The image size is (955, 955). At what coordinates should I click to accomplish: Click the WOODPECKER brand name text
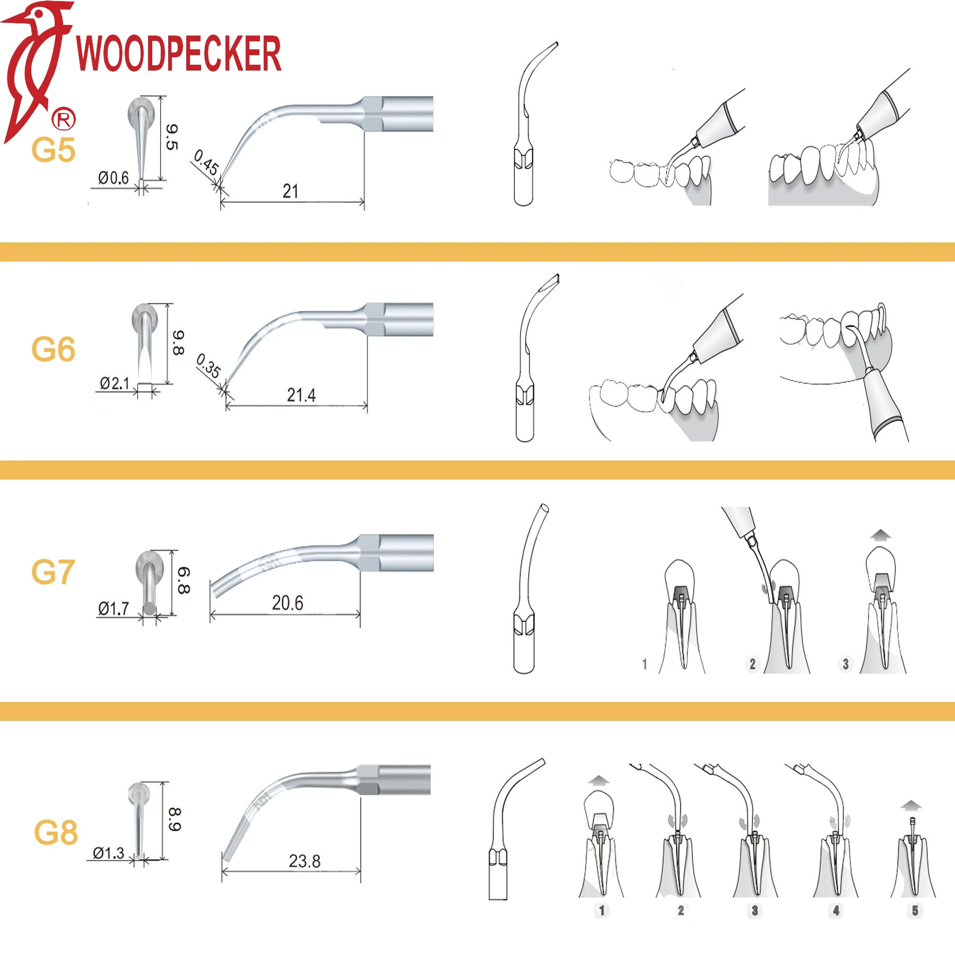tap(179, 53)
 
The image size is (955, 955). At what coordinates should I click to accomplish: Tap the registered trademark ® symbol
tap(63, 119)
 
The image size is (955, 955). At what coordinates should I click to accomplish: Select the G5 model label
tap(53, 150)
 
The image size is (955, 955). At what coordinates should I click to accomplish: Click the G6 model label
tap(53, 349)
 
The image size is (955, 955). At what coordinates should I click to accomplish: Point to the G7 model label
tap(53, 572)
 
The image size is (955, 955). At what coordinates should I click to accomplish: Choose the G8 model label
tap(56, 832)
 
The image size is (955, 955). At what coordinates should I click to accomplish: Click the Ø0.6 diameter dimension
tap(114, 178)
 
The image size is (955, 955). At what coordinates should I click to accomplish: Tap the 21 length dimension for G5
tap(290, 191)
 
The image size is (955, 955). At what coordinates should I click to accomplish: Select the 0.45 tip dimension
tap(206, 162)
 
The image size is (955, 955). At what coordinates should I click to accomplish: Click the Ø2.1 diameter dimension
tap(115, 383)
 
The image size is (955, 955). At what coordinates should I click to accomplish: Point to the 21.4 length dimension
tap(301, 395)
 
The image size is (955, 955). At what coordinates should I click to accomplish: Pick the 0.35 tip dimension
tap(208, 366)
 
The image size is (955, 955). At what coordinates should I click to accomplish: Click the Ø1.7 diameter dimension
tap(114, 609)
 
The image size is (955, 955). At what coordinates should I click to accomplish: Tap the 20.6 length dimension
tap(288, 603)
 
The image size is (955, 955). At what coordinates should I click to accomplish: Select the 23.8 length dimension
tap(305, 861)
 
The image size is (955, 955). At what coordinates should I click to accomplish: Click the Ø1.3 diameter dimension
tap(108, 853)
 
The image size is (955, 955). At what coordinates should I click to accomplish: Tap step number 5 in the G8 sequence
tap(915, 910)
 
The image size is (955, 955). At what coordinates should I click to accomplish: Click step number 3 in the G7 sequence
tap(846, 664)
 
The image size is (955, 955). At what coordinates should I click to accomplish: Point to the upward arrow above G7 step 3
tap(881, 535)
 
